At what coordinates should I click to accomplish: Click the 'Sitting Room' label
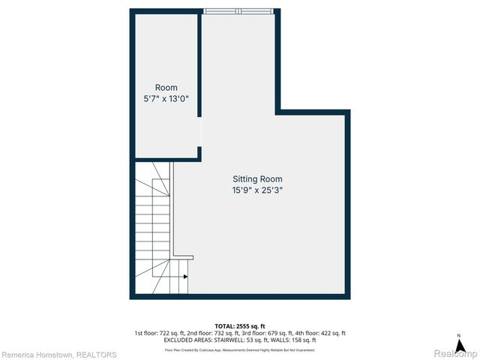pos(256,179)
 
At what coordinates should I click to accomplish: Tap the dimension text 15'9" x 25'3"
pos(256,190)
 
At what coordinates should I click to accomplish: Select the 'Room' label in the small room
pos(166,88)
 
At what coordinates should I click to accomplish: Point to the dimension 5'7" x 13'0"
pos(166,99)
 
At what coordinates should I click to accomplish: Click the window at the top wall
pos(239,12)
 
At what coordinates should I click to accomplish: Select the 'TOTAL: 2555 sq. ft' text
pos(240,325)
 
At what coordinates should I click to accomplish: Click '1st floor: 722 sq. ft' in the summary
pos(159,333)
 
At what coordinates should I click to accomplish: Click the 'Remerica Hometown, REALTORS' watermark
pos(58,354)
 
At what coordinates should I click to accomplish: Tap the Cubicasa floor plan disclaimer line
pos(240,350)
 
